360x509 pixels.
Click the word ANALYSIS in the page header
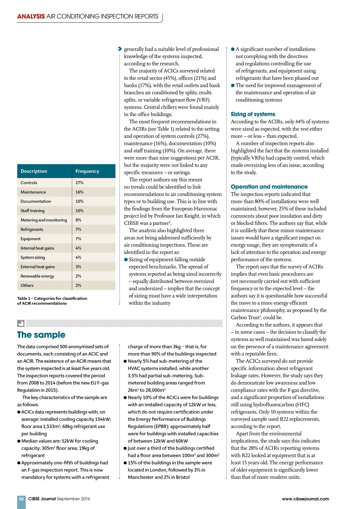click(31, 17)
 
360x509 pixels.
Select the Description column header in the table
click(34, 171)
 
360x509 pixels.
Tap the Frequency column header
click(87, 171)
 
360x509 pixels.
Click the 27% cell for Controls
click(79, 183)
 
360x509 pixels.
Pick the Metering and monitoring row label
click(44, 220)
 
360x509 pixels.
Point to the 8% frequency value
click(78, 220)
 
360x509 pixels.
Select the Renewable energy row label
click(37, 276)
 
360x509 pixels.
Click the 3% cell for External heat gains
click(78, 267)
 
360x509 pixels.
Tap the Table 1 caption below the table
click(52, 301)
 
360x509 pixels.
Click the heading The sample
click(41, 335)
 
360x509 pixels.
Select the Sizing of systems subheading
click(253, 114)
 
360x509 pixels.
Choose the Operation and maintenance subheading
click(269, 187)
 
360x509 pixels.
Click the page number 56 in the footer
click(21, 499)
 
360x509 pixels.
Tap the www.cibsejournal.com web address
click(305, 499)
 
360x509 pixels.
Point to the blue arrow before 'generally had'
click(120, 49)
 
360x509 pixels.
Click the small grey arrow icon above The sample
click(21, 323)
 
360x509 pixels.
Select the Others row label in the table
click(27, 285)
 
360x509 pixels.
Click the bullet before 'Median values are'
click(19, 441)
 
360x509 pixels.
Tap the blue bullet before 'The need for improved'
click(233, 85)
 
